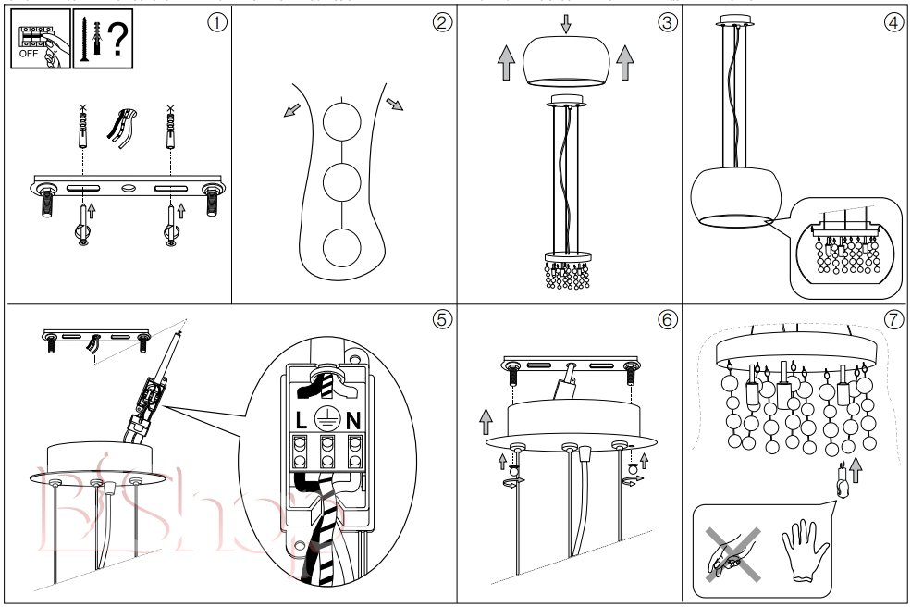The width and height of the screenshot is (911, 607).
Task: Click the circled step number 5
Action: point(443,319)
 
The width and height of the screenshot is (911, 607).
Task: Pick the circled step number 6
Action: point(669,319)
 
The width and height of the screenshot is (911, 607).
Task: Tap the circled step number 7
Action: point(893,319)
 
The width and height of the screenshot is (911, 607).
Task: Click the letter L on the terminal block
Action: point(302,419)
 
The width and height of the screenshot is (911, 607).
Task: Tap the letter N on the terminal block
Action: point(353,419)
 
